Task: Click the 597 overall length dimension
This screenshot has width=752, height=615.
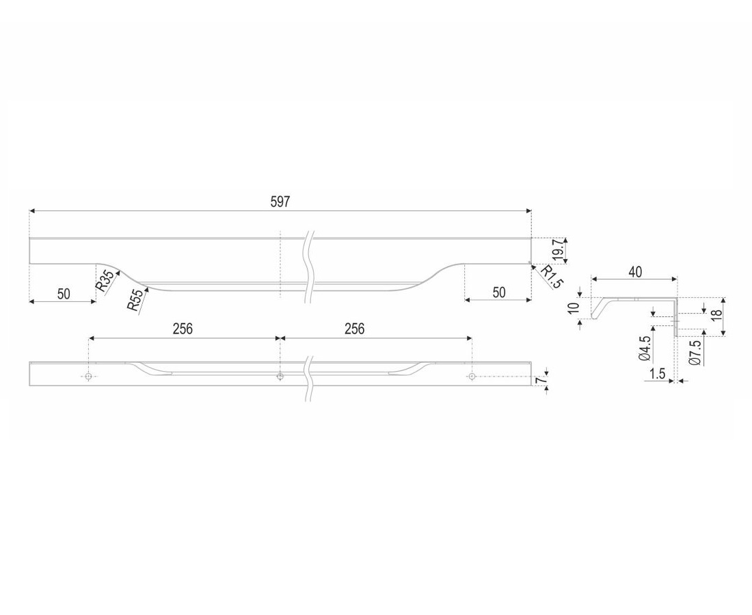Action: tap(280, 202)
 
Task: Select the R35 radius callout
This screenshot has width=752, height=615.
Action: tap(105, 281)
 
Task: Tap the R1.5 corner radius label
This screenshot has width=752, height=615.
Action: tap(550, 277)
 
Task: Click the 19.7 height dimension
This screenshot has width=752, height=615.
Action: tap(557, 249)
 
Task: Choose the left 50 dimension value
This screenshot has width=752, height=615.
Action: tap(64, 294)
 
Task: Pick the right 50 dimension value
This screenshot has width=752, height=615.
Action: tap(499, 292)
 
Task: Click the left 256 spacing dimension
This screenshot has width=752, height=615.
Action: tap(183, 329)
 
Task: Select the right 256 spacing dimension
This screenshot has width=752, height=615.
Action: tap(354, 329)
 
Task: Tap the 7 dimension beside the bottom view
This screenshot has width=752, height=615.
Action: tap(541, 381)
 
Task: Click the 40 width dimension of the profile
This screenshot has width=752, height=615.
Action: tap(635, 272)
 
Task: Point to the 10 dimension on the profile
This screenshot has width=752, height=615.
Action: tap(573, 307)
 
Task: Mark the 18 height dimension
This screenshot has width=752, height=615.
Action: tap(716, 316)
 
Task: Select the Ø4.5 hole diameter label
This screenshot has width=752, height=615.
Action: tap(645, 348)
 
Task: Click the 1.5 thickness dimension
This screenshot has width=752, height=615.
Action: tap(656, 373)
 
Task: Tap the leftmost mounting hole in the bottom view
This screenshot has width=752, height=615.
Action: tap(89, 377)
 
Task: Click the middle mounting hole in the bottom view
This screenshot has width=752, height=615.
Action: tap(280, 377)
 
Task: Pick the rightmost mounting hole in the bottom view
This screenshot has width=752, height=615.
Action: tap(472, 377)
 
